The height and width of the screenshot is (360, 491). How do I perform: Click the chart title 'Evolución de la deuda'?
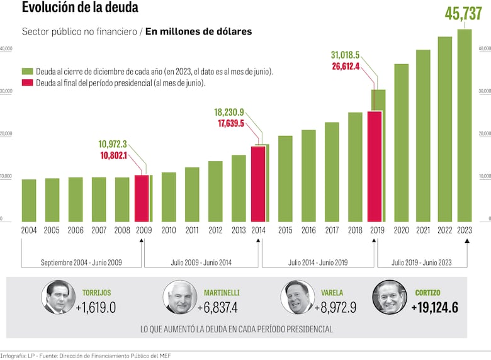click(80, 8)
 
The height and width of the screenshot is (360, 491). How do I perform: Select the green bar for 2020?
click(401, 142)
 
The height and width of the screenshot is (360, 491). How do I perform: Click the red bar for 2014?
click(258, 183)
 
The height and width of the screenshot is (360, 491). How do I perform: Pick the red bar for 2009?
click(142, 198)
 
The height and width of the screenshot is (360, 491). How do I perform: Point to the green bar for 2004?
click(29, 200)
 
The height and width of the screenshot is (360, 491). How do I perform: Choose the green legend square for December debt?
click(28, 72)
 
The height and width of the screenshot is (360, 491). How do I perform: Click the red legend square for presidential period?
click(28, 82)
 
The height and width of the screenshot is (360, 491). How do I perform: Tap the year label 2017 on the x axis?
click(332, 230)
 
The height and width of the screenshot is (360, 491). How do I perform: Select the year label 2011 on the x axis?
click(192, 230)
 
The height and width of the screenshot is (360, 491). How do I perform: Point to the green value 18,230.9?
click(229, 112)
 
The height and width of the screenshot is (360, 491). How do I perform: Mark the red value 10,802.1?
click(113, 155)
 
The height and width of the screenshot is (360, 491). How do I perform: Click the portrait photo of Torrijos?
click(57, 297)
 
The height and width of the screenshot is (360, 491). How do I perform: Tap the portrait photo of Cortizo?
click(389, 297)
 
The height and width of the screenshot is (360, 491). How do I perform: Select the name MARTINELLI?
click(222, 293)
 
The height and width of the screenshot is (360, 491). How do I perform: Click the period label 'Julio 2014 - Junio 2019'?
click(317, 261)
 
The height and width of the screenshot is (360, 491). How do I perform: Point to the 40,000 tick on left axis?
click(6, 48)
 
